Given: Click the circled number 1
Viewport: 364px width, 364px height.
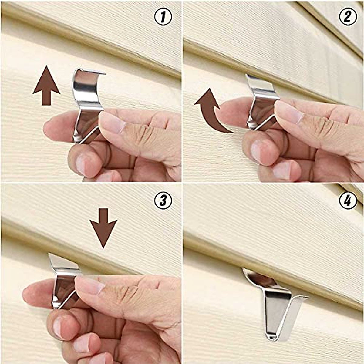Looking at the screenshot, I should tap(163, 17).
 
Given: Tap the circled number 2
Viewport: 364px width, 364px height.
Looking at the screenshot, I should tap(348, 17).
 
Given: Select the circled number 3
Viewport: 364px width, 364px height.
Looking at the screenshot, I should tap(163, 200).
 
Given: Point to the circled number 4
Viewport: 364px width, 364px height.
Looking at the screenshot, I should tap(348, 200).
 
